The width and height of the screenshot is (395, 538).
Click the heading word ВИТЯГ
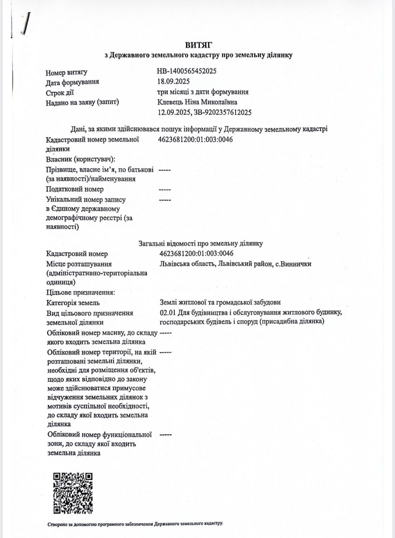point(198,45)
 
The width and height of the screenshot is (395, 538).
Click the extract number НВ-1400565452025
point(187,71)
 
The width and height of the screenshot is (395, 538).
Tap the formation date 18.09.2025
point(173,81)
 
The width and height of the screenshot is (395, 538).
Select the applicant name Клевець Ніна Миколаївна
point(198,102)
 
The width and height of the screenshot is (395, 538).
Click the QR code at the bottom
point(73,493)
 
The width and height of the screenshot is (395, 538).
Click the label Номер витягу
point(66,73)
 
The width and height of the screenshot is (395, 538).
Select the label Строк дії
point(60,93)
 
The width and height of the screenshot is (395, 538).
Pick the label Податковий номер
point(75,189)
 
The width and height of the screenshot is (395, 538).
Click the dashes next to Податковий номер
point(165,189)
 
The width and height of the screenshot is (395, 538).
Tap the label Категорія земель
point(73,303)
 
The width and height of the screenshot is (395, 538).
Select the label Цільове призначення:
point(81,292)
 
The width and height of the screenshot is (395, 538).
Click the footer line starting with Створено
point(135,524)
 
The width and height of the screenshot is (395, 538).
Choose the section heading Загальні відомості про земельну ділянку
point(201,244)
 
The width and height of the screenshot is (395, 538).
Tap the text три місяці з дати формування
point(203,92)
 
